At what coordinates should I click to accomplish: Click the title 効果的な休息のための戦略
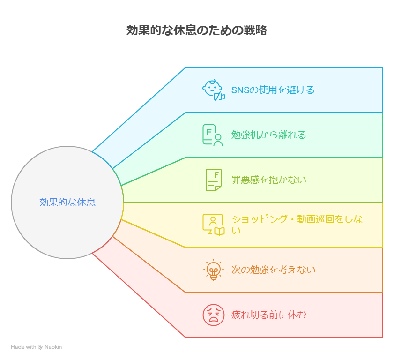click(x=197, y=30)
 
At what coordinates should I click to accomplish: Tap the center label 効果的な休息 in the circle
click(x=67, y=202)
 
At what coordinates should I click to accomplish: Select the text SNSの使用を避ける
click(x=273, y=90)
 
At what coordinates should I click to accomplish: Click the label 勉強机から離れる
click(x=268, y=135)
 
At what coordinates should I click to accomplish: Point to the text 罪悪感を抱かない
click(x=269, y=180)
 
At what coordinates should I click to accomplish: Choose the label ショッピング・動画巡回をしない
click(x=297, y=225)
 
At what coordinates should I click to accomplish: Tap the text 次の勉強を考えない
click(x=274, y=270)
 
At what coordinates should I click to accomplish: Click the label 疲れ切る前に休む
click(x=268, y=315)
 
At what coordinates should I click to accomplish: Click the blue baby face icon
click(x=213, y=90)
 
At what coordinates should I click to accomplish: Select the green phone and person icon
click(x=213, y=135)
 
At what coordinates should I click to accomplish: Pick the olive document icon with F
click(x=214, y=180)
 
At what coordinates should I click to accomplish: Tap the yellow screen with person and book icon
click(x=214, y=225)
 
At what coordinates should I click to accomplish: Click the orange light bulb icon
click(x=213, y=270)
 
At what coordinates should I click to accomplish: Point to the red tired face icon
click(x=214, y=315)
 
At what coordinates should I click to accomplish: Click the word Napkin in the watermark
click(x=53, y=347)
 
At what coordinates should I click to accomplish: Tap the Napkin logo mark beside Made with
click(x=40, y=347)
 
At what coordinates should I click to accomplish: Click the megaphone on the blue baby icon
click(x=219, y=96)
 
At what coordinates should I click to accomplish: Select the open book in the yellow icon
click(x=220, y=232)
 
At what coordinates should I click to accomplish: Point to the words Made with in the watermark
click(x=23, y=347)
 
